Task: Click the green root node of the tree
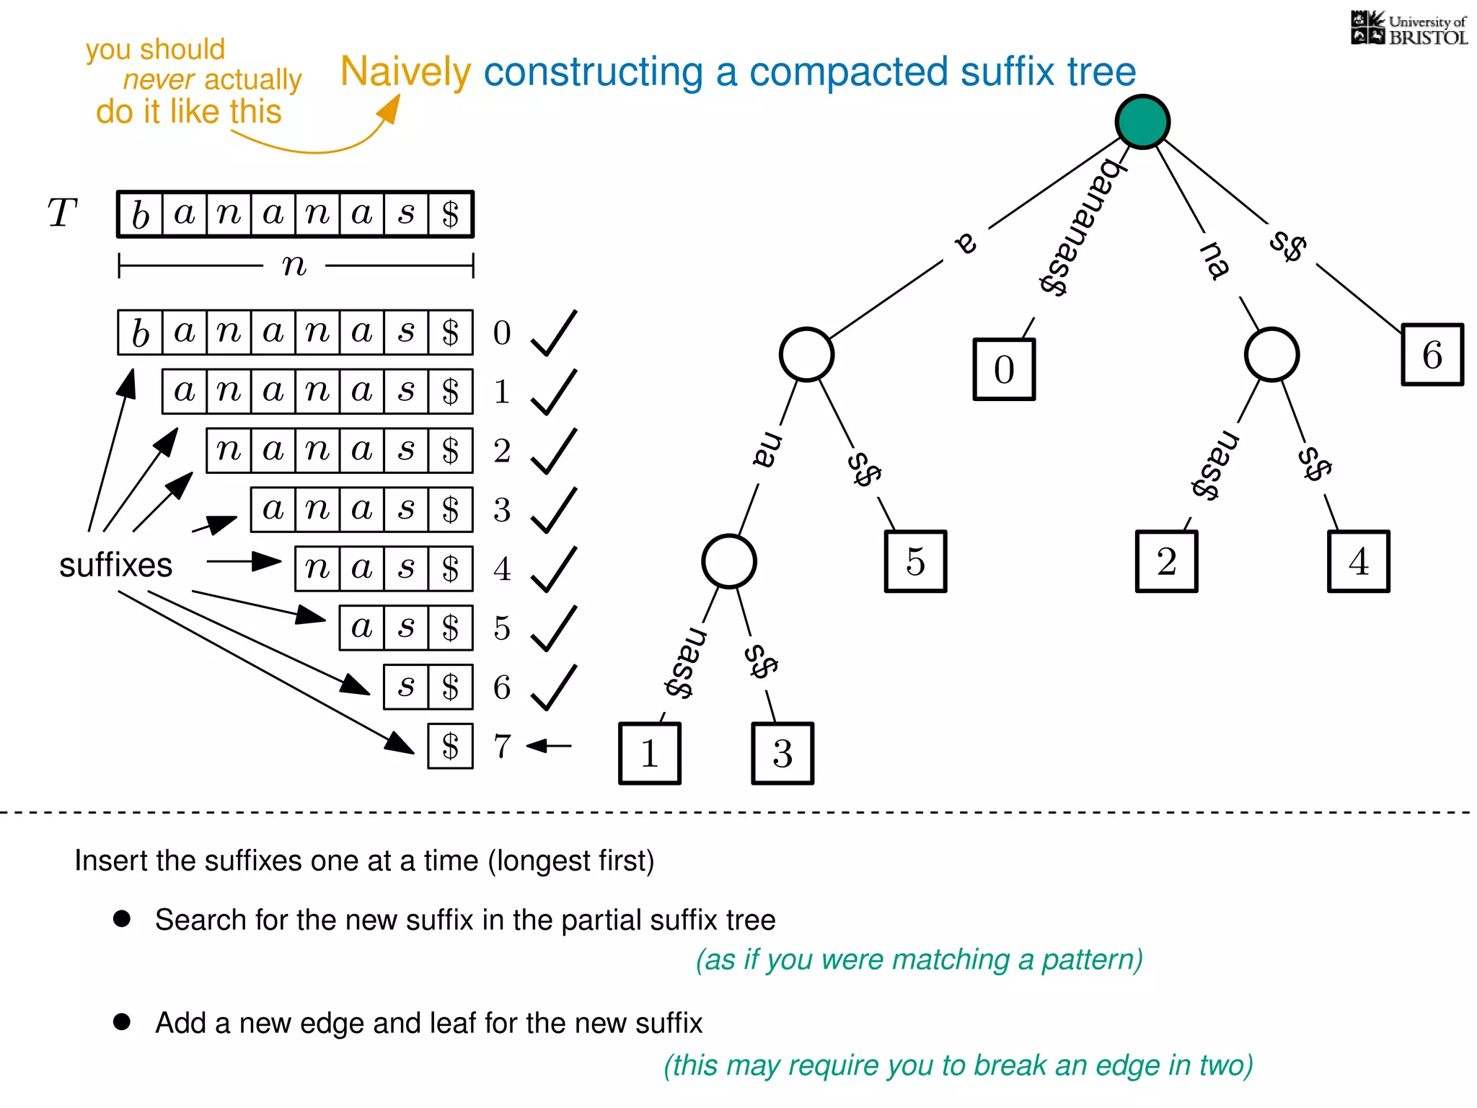1142,121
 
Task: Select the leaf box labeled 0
1004,369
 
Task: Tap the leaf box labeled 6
1432,355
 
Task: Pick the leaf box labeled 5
915,561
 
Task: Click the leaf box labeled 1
649,753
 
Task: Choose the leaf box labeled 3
782,753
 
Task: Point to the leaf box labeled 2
1166,561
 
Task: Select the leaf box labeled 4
1358,561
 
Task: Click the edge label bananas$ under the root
1082,227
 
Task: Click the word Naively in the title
405,72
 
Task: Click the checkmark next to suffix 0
554,333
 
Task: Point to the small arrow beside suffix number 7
549,745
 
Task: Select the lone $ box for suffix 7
450,746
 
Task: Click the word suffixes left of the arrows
115,565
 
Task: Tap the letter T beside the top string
62,214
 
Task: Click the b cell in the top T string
140,214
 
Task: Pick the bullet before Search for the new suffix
122,918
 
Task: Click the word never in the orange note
159,79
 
